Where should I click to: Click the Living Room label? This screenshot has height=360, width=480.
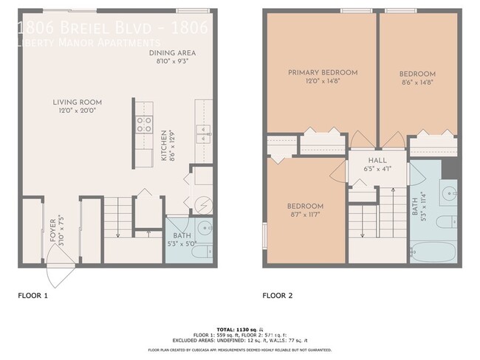(77, 102)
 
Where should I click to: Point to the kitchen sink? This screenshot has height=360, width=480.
(202, 134)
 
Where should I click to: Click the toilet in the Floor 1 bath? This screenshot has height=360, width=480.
(205, 228)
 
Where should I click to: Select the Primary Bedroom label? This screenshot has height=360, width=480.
(323, 72)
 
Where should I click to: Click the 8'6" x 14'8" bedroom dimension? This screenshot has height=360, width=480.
(417, 83)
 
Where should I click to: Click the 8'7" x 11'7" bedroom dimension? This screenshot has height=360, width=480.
(305, 214)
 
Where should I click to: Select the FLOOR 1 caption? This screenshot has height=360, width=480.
(32, 296)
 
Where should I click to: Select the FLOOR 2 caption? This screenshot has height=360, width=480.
(278, 296)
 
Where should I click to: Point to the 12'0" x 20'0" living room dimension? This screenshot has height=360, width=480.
(77, 110)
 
